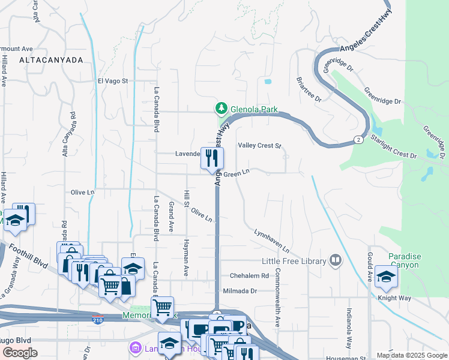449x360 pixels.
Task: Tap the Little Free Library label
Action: click(x=294, y=261)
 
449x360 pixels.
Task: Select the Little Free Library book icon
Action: click(x=336, y=260)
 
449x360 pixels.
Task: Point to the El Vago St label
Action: click(x=113, y=80)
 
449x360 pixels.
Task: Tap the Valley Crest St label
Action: click(x=260, y=146)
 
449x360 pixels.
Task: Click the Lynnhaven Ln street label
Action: click(x=271, y=240)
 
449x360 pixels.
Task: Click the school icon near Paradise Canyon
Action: click(x=386, y=277)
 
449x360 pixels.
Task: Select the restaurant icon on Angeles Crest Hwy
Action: click(x=211, y=158)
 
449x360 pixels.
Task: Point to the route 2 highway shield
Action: click(x=358, y=140)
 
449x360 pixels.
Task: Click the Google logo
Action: click(x=20, y=353)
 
